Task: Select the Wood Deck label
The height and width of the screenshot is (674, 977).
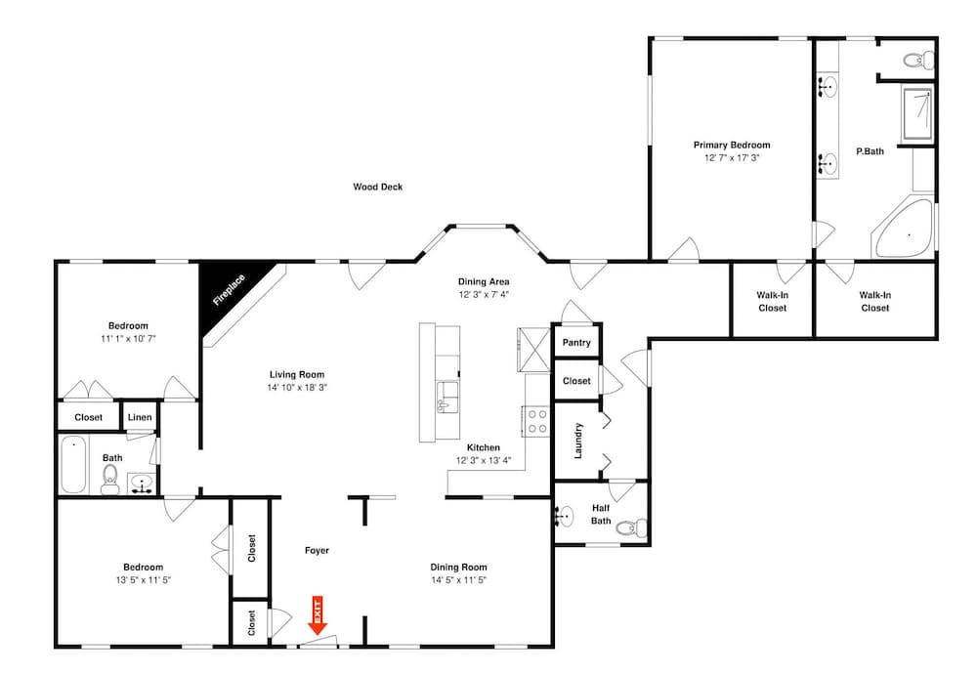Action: click(378, 187)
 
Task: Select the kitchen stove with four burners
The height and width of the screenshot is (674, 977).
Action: click(536, 421)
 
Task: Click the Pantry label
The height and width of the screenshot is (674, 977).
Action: click(576, 343)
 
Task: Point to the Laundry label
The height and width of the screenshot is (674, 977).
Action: click(578, 440)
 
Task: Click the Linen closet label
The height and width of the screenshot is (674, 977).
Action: click(140, 418)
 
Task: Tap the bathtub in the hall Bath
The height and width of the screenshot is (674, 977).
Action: click(74, 466)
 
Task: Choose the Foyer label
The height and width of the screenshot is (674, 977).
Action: click(317, 551)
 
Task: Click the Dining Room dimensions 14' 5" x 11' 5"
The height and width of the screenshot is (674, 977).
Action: click(458, 580)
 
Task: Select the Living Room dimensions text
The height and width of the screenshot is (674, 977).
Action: click(297, 387)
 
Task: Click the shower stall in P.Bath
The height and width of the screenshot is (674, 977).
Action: click(915, 114)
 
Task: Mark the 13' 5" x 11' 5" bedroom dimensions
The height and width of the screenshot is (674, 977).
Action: click(143, 580)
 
